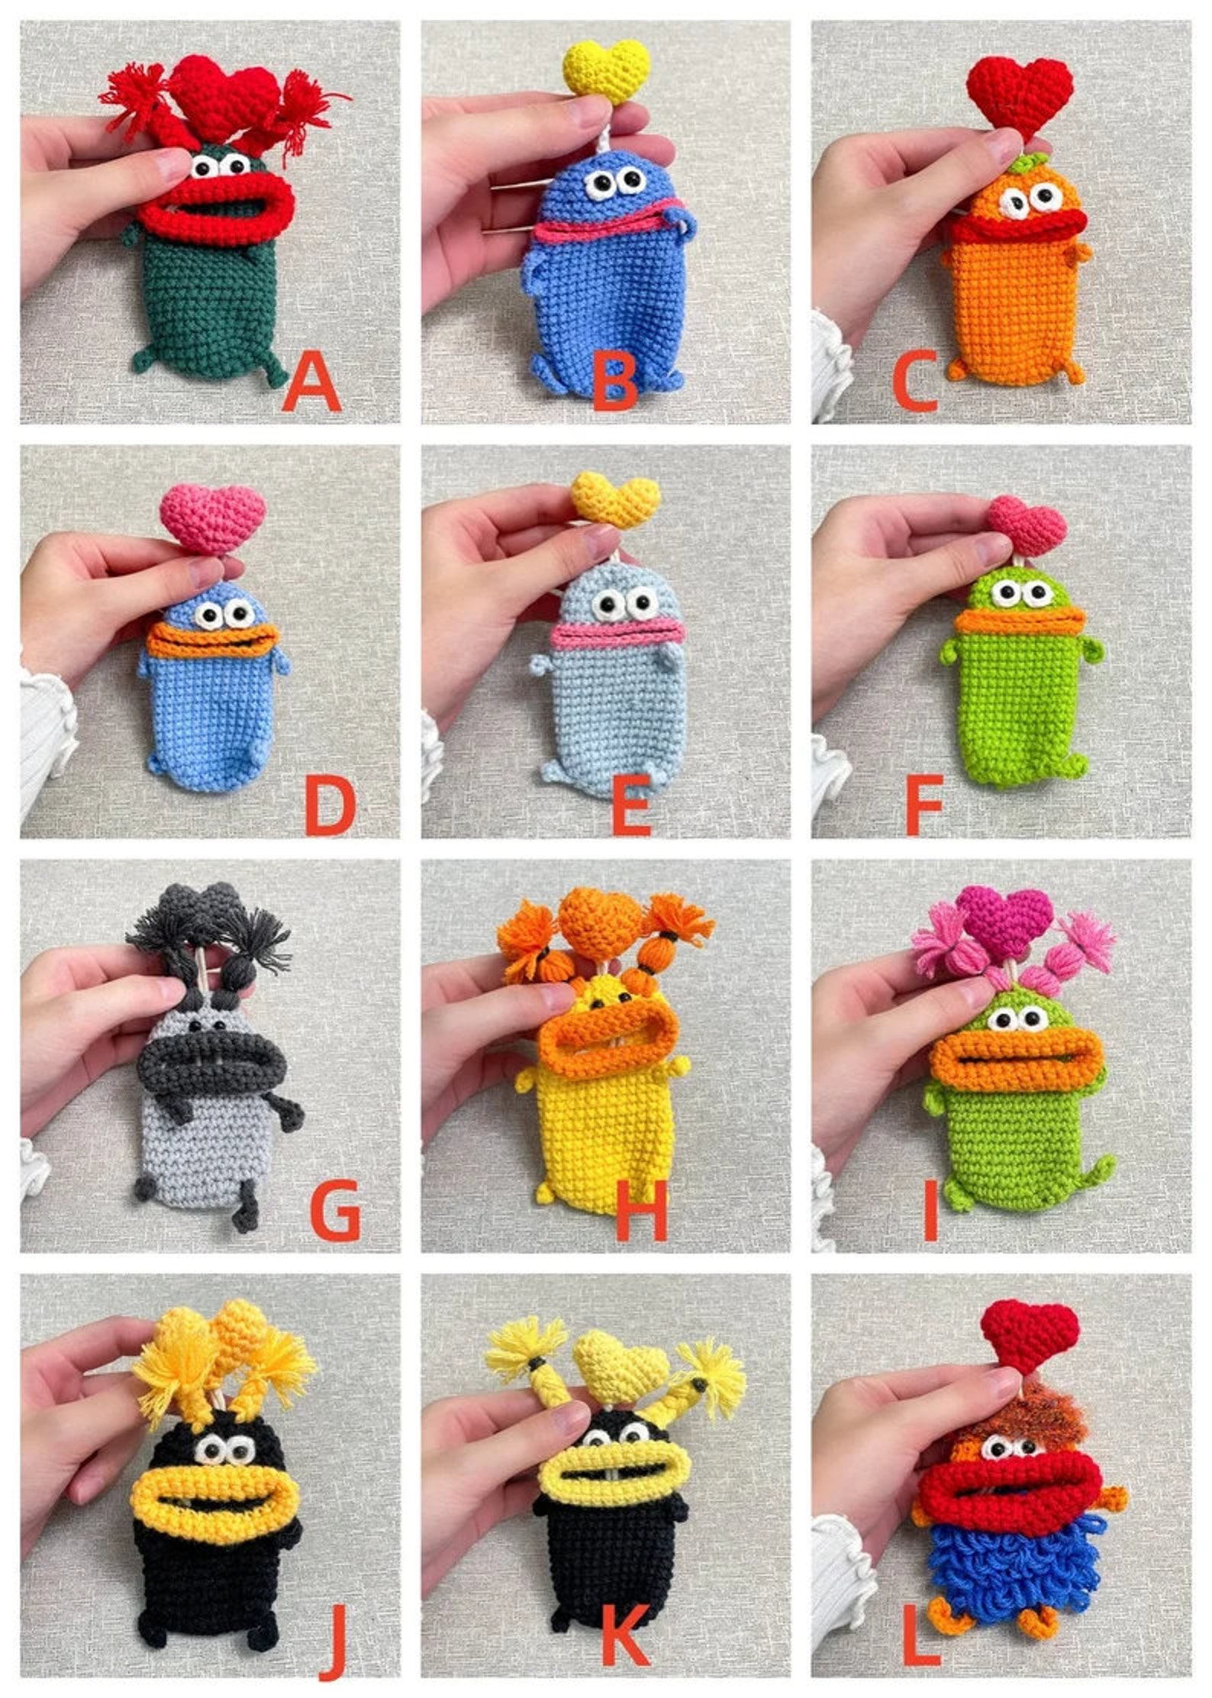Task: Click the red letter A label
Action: coord(311,385)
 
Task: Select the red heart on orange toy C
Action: coord(1020,95)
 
